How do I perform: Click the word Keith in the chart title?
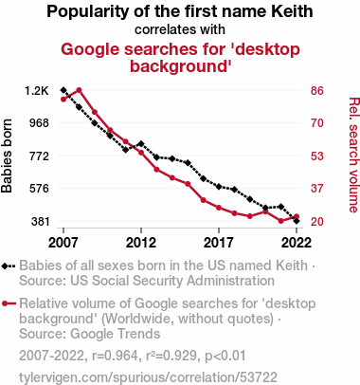pyautogui.click(x=292, y=11)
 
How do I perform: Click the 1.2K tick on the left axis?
pyautogui.click(x=37, y=91)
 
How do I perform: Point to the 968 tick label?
pyautogui.click(x=40, y=122)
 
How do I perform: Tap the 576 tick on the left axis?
pyautogui.click(x=40, y=189)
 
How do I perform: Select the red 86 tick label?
pyautogui.click(x=317, y=91)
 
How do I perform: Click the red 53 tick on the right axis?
pyautogui.click(x=317, y=156)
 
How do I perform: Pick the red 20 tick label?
pyautogui.click(x=317, y=221)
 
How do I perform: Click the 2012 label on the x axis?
pyautogui.click(x=141, y=243)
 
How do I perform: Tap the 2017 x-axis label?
pyautogui.click(x=219, y=243)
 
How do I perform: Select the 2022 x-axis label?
pyautogui.click(x=297, y=243)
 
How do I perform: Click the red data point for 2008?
pyautogui.click(x=79, y=90)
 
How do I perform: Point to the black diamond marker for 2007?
pyautogui.click(x=63, y=90)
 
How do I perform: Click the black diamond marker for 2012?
pyautogui.click(x=141, y=144)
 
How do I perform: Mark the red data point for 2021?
pyautogui.click(x=280, y=221)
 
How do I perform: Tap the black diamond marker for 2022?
pyautogui.click(x=297, y=221)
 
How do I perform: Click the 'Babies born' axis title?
pyautogui.click(x=7, y=156)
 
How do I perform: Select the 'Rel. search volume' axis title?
pyautogui.click(x=354, y=155)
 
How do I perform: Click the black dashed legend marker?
pyautogui.click(x=9, y=266)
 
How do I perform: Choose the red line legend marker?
pyautogui.click(x=9, y=303)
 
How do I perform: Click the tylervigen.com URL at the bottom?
pyautogui.click(x=148, y=377)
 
